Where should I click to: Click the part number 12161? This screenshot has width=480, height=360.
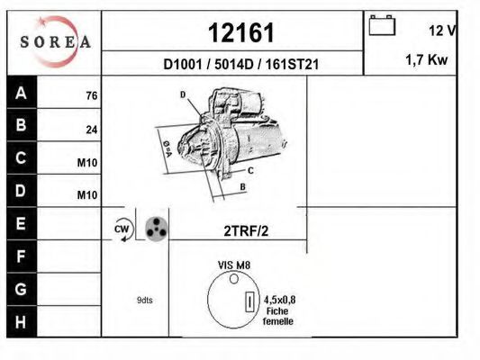pos(240,33)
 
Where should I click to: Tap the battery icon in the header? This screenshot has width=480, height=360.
pos(382,26)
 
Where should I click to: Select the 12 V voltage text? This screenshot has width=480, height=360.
pos(441,31)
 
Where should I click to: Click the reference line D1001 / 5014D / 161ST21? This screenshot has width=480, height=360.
pos(240,64)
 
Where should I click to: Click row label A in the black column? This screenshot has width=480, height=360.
pos(21,93)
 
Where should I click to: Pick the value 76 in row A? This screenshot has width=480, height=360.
pos(91,96)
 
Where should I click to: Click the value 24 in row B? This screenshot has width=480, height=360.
pos(91,130)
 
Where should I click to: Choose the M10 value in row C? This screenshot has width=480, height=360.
pos(87,163)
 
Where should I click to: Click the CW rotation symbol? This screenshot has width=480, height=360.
pos(122,229)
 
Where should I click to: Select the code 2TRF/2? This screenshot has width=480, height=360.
pos(246,230)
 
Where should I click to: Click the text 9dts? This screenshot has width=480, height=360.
pos(144,300)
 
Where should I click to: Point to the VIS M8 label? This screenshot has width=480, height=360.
pos(234,265)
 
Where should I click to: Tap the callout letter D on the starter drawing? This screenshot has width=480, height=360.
pos(183,94)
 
